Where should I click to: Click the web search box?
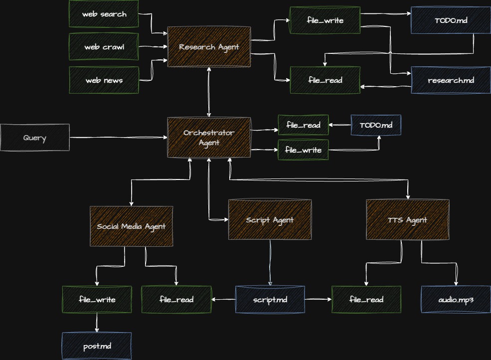click(x=104, y=14)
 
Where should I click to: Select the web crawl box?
click(x=104, y=47)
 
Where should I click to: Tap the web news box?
click(x=104, y=80)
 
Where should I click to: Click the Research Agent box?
click(x=209, y=47)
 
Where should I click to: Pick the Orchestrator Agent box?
click(x=209, y=138)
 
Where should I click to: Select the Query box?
click(x=35, y=138)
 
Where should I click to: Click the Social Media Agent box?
click(x=132, y=226)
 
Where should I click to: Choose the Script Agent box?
click(x=270, y=220)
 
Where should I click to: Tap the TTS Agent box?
click(x=407, y=220)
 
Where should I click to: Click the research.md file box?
click(x=451, y=80)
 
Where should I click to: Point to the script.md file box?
click(x=270, y=299)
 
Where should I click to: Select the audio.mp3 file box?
click(x=456, y=299)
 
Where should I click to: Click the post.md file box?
click(x=97, y=346)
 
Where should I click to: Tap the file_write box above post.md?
click(x=97, y=299)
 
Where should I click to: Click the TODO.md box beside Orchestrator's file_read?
click(x=376, y=125)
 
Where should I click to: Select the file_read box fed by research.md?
click(x=325, y=80)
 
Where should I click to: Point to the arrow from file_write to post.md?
click(x=97, y=323)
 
